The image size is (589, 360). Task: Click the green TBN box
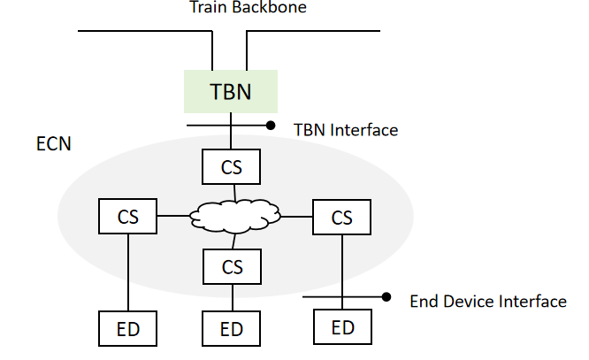point(231,92)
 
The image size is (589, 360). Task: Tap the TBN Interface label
point(345,130)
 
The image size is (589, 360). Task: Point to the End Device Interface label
point(487,302)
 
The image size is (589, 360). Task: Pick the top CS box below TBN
point(232,166)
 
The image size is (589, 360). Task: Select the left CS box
point(128,217)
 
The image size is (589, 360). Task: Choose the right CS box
point(342,217)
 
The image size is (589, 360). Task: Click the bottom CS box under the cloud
point(232,265)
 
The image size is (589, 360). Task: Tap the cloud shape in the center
point(234,215)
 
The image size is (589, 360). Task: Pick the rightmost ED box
point(342,327)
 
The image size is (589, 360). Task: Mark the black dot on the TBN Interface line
point(272,126)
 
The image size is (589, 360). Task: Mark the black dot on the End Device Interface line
point(386,296)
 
